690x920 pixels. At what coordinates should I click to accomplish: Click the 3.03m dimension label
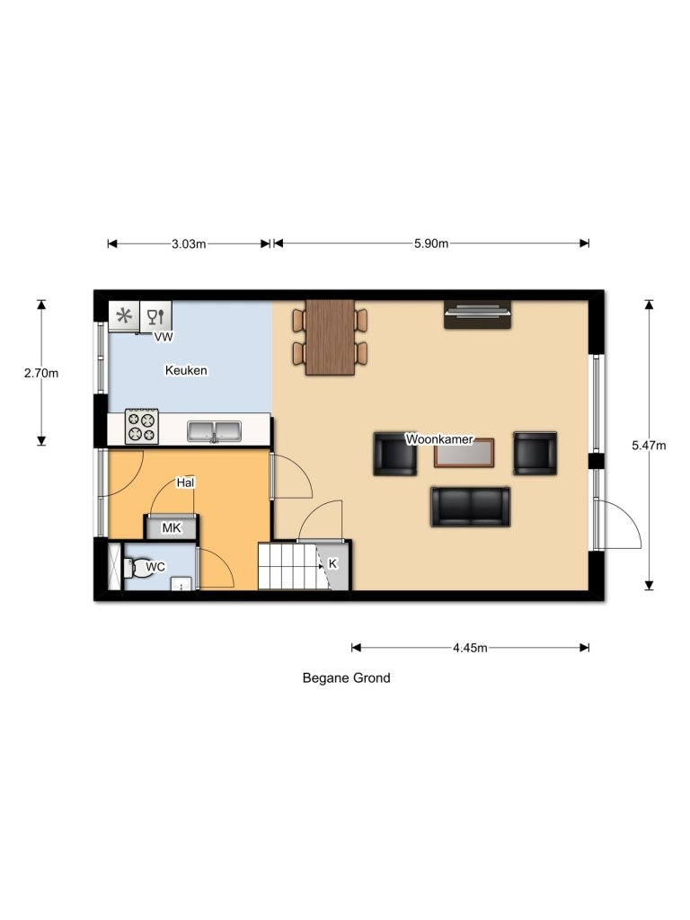[x=189, y=243]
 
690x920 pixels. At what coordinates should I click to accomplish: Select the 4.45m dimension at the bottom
[x=470, y=648]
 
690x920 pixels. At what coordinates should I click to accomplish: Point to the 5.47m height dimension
[x=649, y=445]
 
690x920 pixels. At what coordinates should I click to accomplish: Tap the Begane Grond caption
[x=346, y=678]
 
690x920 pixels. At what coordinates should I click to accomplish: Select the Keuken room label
[x=187, y=370]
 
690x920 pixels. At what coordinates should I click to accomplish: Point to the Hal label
[x=186, y=483]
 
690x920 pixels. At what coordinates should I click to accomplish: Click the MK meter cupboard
[x=172, y=528]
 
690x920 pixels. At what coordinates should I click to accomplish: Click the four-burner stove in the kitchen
[x=141, y=426]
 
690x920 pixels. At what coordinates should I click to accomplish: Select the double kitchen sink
[x=215, y=431]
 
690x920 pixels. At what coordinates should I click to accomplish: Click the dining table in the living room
[x=330, y=336]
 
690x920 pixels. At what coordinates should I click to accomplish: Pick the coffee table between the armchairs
[x=464, y=454]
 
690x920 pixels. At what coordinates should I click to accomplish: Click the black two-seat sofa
[x=470, y=508]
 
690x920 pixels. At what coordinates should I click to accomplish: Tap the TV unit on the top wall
[x=478, y=315]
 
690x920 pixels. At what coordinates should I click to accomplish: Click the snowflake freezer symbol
[x=125, y=315]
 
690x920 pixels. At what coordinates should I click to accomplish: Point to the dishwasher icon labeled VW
[x=157, y=316]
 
